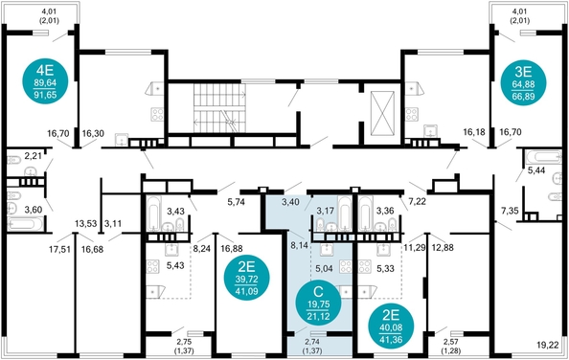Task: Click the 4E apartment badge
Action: click(45, 80)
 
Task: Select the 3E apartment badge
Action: click(523, 82)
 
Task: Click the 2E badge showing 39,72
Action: click(246, 279)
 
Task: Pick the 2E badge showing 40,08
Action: click(391, 326)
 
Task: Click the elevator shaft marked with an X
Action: click(382, 113)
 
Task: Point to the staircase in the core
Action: click(219, 109)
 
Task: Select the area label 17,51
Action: click(59, 249)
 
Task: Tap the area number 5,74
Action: click(236, 202)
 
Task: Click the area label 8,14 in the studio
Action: click(299, 245)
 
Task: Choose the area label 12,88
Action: click(444, 248)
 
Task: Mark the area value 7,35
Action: click(510, 211)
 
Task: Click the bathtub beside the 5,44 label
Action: click(543, 157)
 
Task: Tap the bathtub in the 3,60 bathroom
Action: click(25, 223)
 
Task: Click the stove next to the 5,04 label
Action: click(346, 266)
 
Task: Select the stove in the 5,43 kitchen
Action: click(152, 266)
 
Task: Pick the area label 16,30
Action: click(93, 133)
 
